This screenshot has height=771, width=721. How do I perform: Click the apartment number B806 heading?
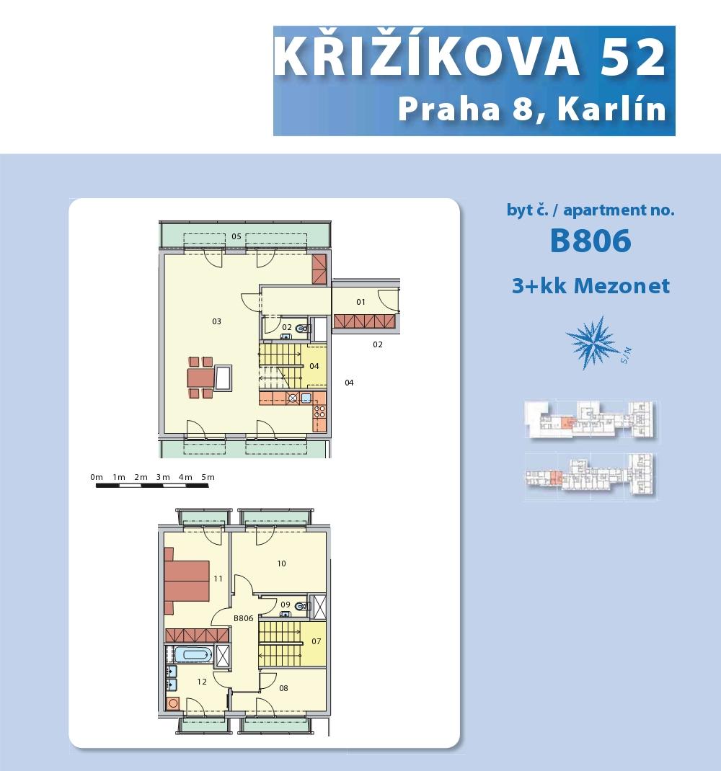[x=590, y=241]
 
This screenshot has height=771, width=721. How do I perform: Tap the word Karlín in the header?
[x=611, y=109]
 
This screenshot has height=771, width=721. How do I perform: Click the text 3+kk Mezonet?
[x=590, y=285]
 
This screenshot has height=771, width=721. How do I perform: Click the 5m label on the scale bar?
[x=208, y=477]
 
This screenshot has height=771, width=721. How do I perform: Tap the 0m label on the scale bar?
[x=97, y=477]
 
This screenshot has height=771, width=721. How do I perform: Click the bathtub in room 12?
[x=194, y=654]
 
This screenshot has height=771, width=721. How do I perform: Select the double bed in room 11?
[x=187, y=581]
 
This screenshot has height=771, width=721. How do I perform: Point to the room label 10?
[x=281, y=563]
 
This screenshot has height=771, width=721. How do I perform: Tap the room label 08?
[x=283, y=688]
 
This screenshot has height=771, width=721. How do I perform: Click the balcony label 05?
[x=236, y=236]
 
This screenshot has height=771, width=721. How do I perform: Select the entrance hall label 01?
[x=360, y=302]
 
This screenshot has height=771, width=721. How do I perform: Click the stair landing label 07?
[x=317, y=641]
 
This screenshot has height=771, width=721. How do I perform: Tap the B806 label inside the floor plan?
[x=243, y=618]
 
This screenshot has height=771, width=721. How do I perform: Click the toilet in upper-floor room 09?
[x=301, y=606]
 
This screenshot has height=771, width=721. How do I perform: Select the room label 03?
[x=216, y=321]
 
